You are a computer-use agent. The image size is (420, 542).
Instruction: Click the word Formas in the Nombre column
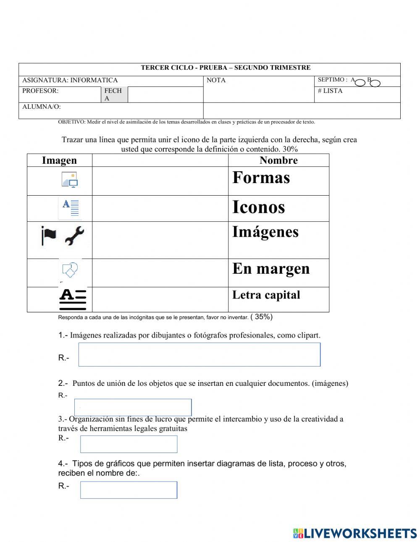pyautogui.click(x=261, y=178)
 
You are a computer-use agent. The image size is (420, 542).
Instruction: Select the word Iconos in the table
pyautogui.click(x=258, y=207)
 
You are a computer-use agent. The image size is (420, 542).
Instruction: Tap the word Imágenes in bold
pyautogui.click(x=265, y=232)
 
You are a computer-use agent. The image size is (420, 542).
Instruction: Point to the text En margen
pyautogui.click(x=271, y=269)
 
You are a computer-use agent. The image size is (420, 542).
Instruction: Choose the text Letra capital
pyautogui.click(x=266, y=295)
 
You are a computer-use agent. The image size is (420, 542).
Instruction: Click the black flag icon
pyautogui.click(x=49, y=235)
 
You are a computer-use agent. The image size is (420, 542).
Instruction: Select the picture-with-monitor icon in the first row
pyautogui.click(x=70, y=180)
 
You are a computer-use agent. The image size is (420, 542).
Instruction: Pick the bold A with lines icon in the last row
pyautogui.click(x=73, y=299)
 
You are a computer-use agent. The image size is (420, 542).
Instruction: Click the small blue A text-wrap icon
pyautogui.click(x=70, y=208)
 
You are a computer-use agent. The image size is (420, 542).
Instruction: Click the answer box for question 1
pyautogui.click(x=199, y=354)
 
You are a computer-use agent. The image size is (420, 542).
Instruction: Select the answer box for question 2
pyautogui.click(x=133, y=407)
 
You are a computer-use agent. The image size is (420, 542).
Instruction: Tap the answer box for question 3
pyautogui.click(x=129, y=444)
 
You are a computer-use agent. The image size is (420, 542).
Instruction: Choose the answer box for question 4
pyautogui.click(x=129, y=490)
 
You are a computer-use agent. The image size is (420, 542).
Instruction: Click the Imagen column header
pyautogui.click(x=59, y=160)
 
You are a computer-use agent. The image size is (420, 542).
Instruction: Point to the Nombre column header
pyautogui.click(x=278, y=160)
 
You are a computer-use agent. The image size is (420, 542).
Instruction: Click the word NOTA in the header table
pyautogui.click(x=216, y=80)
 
